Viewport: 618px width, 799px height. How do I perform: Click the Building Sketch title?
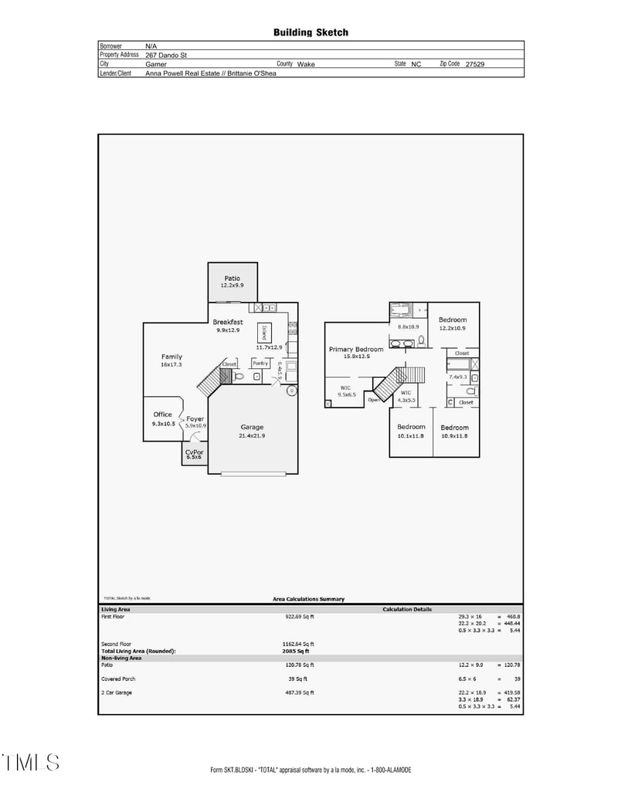tap(311, 32)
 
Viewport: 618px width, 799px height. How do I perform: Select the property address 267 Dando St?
tap(166, 56)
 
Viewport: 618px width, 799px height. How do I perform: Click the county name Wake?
tap(307, 65)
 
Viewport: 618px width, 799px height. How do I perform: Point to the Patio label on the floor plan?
tap(233, 279)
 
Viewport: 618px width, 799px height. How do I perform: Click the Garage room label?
tap(252, 427)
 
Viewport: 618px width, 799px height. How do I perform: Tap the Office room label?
tap(162, 415)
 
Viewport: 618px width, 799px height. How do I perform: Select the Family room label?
tap(171, 357)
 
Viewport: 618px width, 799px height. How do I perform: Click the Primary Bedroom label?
tap(356, 349)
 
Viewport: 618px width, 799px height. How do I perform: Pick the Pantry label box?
tap(260, 363)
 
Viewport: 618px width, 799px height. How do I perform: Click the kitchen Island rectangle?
tap(264, 333)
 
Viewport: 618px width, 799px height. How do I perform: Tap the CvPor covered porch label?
tap(194, 452)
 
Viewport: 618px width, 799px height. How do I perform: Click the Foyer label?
tap(195, 419)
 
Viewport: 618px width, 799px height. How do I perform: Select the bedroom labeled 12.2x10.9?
tap(453, 328)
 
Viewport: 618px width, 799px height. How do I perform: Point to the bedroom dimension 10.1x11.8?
tap(411, 436)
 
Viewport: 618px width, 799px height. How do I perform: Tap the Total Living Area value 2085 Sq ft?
tap(297, 651)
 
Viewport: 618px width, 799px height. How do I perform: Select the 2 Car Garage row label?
tap(117, 692)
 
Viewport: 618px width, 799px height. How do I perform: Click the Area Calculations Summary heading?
tap(309, 599)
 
